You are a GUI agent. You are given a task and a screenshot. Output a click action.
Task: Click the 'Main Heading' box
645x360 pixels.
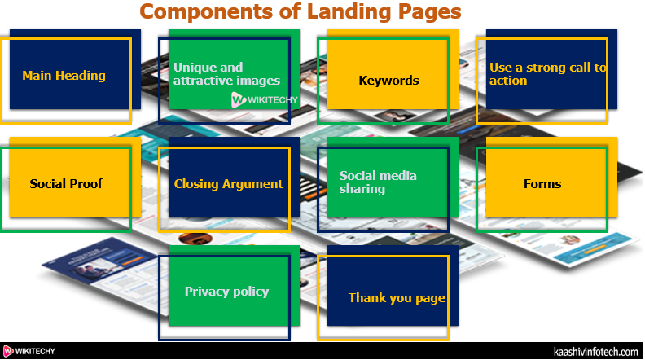tap(65, 76)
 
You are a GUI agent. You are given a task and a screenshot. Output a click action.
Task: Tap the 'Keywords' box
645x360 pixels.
tap(388, 80)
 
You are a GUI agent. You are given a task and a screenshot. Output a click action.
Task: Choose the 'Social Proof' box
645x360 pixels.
tap(66, 183)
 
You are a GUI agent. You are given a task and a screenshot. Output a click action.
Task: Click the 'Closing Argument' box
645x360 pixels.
tap(228, 183)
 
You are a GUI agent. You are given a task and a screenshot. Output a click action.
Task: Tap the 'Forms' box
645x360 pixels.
tap(542, 183)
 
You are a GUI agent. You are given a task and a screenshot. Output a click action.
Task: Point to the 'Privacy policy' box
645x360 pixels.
tap(226, 292)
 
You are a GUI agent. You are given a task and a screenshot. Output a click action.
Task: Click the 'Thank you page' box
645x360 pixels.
tap(396, 297)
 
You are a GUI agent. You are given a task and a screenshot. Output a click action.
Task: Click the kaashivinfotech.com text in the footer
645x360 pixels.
tap(595, 351)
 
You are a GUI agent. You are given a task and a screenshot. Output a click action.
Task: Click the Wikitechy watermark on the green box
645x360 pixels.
tap(265, 100)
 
